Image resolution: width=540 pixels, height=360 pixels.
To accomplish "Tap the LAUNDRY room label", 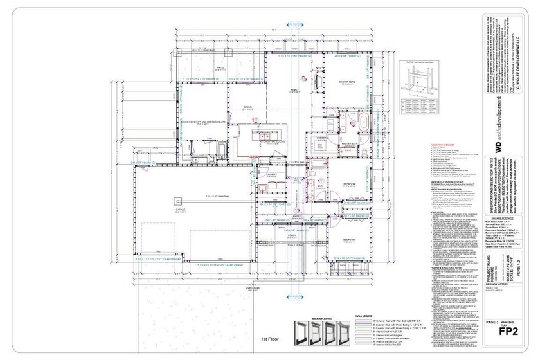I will tap(273, 174).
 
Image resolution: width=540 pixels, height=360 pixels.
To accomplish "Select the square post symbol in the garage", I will tap(175, 201).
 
